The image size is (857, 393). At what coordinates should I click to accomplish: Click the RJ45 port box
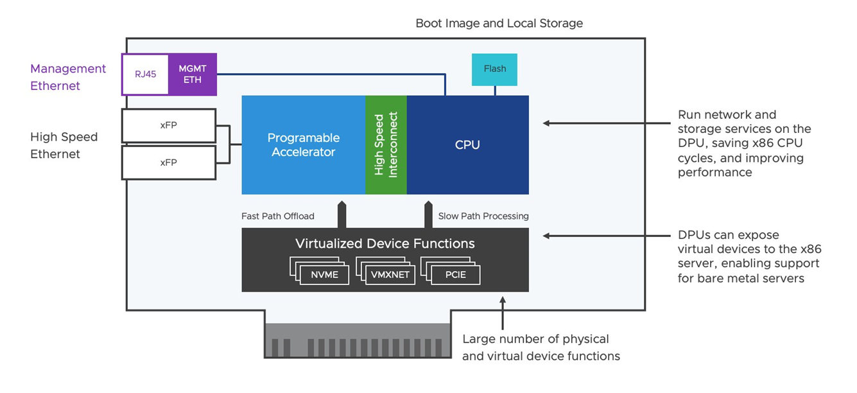coord(145,74)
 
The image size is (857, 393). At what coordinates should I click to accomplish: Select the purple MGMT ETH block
coord(193,74)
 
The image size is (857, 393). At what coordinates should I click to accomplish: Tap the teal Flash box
coord(494,69)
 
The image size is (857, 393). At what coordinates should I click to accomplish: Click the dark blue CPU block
coord(467,144)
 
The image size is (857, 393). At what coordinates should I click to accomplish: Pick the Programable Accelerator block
coord(303,144)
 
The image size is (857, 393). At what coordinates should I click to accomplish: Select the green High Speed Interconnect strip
coord(386,144)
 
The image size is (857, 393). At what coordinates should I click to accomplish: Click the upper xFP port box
coord(168,125)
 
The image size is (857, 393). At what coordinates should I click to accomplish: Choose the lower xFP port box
coord(168,163)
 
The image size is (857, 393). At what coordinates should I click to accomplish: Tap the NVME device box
coord(324,275)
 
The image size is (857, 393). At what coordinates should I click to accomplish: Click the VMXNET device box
coord(390,275)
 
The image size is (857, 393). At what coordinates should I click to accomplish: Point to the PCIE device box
coord(456,275)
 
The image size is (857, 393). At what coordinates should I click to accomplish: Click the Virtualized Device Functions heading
coord(385,244)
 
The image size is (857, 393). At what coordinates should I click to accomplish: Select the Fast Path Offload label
coord(278,216)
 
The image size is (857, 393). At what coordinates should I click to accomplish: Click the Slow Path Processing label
coord(483,216)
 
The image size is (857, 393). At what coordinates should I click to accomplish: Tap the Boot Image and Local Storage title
coord(499,24)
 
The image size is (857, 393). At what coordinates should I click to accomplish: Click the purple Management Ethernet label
coord(67,77)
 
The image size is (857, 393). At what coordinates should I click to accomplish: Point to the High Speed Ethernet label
coord(64,145)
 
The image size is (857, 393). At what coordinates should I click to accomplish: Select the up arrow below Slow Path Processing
coord(428,214)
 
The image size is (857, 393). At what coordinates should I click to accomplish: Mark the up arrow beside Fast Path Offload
coord(342,214)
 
